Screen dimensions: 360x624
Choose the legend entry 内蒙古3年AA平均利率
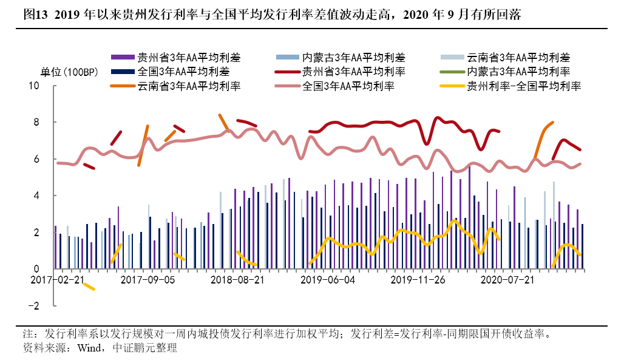518,72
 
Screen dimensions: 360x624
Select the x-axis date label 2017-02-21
58,280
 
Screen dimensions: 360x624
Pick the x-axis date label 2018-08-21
238,280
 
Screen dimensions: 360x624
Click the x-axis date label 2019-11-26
418,280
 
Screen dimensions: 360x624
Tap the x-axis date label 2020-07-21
507,280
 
